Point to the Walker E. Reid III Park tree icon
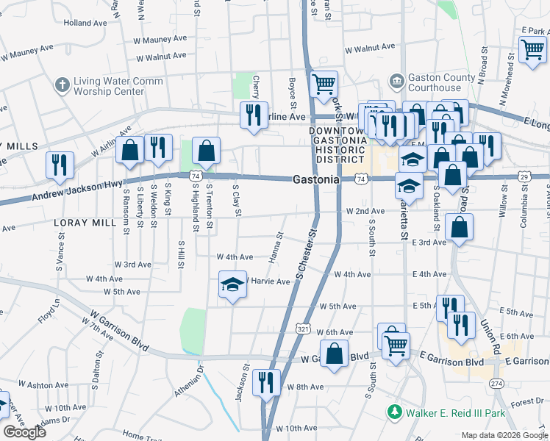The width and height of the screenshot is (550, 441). [x=396, y=413]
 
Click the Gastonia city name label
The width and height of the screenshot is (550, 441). [x=315, y=179]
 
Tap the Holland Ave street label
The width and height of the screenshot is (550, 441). [x=85, y=23]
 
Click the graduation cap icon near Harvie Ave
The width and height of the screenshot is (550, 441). [x=232, y=285]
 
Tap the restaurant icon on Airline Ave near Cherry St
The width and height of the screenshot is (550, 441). [x=252, y=115]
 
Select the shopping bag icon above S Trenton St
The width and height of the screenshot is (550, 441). [x=207, y=151]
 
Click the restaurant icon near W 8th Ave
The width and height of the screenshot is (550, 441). [x=265, y=382]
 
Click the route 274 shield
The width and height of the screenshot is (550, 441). [x=497, y=383]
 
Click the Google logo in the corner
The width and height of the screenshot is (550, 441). [x=25, y=432]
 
